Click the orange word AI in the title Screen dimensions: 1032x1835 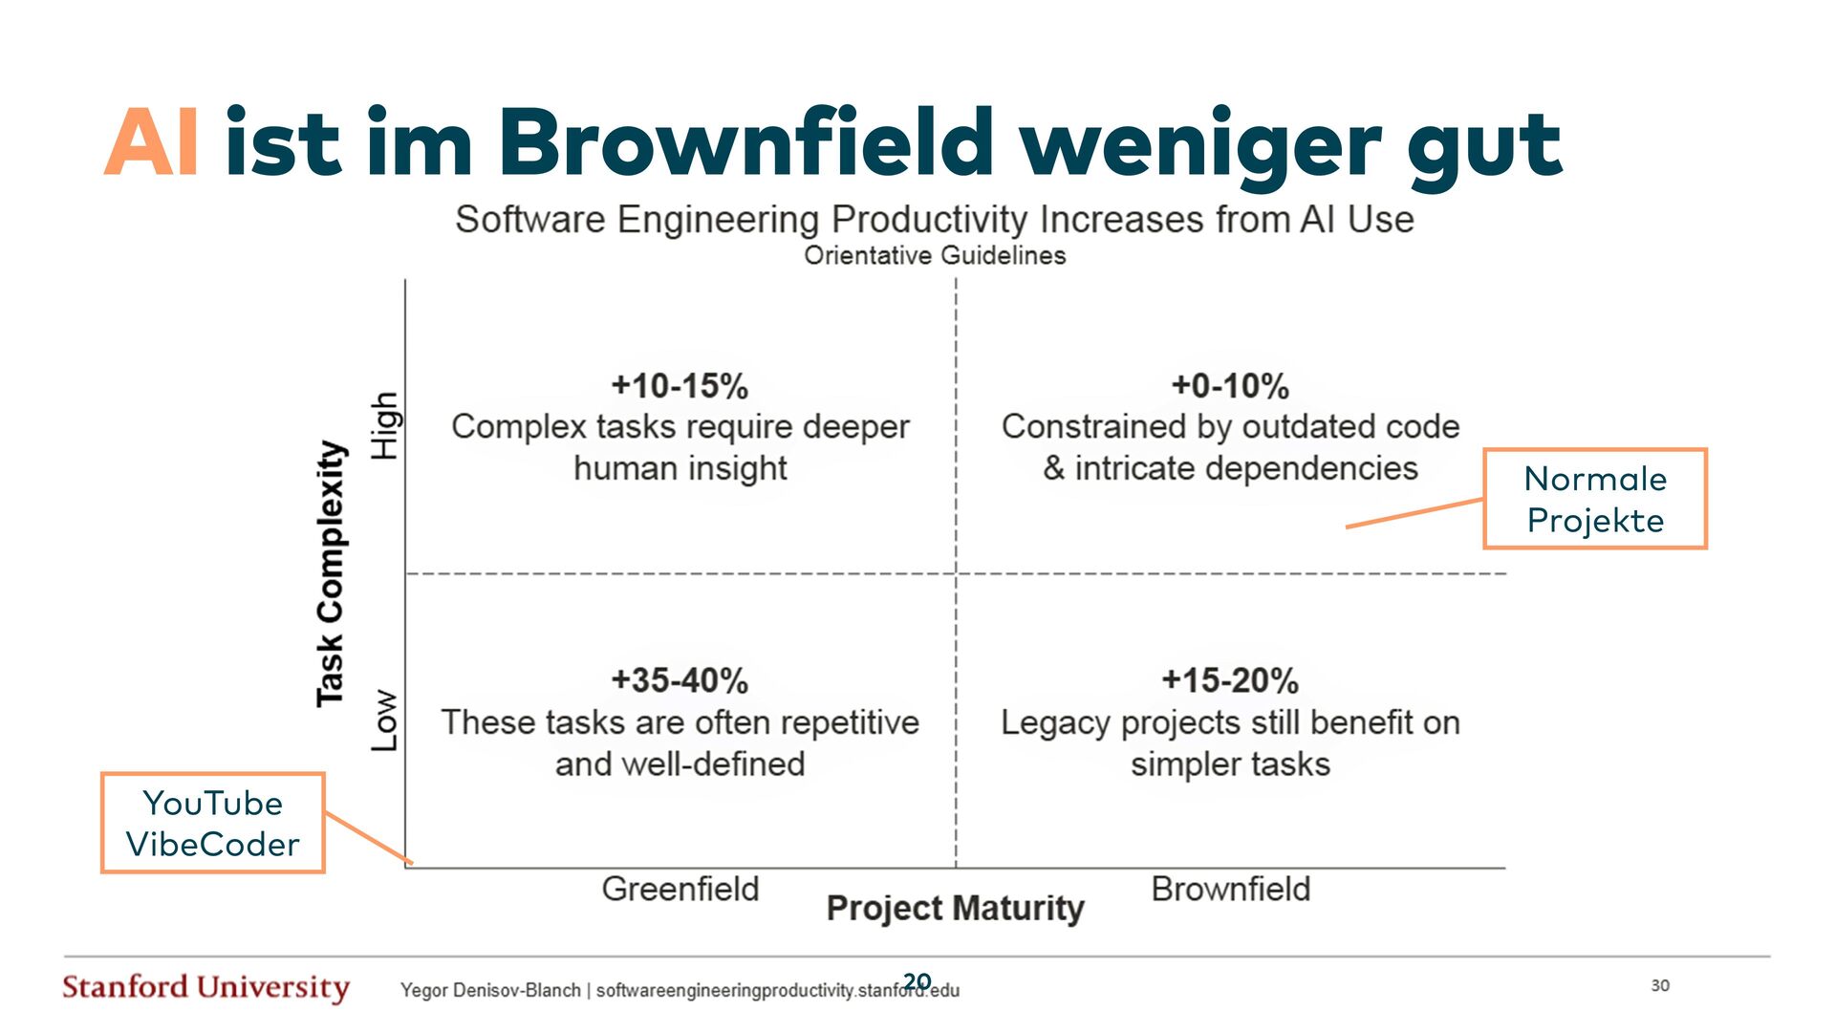pyautogui.click(x=151, y=143)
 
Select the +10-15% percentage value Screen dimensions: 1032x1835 pyautogui.click(x=680, y=386)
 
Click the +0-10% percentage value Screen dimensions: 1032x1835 pyautogui.click(x=1230, y=386)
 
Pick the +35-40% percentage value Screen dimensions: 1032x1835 pyautogui.click(x=680, y=680)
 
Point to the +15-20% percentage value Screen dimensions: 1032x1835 pyautogui.click(x=1230, y=680)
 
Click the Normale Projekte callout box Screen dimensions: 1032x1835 pyautogui.click(x=1594, y=499)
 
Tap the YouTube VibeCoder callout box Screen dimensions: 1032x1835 pyautogui.click(x=212, y=823)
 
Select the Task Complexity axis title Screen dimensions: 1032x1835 pyautogui.click(x=330, y=573)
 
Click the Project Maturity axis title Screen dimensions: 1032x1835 pyautogui.click(x=955, y=908)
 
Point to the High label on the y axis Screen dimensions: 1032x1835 pyautogui.click(x=384, y=426)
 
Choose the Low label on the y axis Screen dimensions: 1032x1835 pyautogui.click(x=384, y=720)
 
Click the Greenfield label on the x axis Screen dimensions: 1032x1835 pyautogui.click(x=680, y=889)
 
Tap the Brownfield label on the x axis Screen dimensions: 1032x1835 pyautogui.click(x=1230, y=889)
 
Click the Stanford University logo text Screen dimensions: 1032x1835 pyautogui.click(x=205, y=987)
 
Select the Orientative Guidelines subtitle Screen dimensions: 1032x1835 pyautogui.click(x=935, y=255)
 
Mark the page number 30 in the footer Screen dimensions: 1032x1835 pyautogui.click(x=1660, y=985)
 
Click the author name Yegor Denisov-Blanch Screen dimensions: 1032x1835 pyautogui.click(x=490, y=990)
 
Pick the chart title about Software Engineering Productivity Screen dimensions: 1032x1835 pyautogui.click(x=934, y=219)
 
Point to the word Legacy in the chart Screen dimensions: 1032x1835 pyautogui.click(x=1055, y=723)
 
